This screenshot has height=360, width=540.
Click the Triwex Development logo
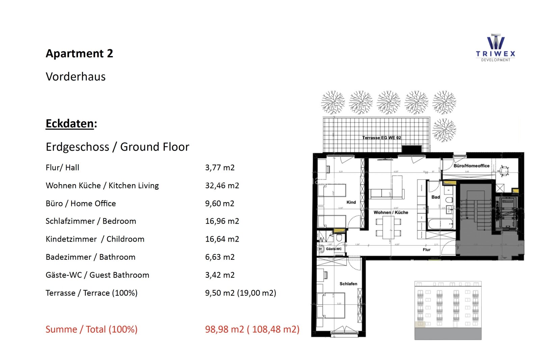[495, 48]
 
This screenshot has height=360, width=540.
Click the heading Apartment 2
[79, 54]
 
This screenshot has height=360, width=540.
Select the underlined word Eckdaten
[70, 123]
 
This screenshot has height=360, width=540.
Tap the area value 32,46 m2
[222, 186]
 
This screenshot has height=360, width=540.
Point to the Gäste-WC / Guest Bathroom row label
[97, 275]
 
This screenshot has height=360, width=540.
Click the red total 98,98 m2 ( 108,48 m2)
[252, 329]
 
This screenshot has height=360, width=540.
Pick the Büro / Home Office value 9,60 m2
[219, 203]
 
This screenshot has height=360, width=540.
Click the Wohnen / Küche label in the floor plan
[390, 212]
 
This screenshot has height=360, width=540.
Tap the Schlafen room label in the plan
[348, 284]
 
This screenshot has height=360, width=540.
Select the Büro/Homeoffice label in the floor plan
[471, 166]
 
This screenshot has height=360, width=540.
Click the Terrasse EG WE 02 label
[381, 138]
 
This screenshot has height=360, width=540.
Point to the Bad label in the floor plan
[435, 197]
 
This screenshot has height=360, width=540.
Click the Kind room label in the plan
[351, 202]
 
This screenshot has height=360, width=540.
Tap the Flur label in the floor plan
[426, 250]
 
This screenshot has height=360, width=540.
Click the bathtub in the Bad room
[441, 224]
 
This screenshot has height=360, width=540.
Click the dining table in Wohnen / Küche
[388, 227]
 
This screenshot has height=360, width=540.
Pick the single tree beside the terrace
[444, 130]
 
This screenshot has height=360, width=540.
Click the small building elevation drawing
[448, 310]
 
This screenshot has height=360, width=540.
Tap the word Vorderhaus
[76, 77]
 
